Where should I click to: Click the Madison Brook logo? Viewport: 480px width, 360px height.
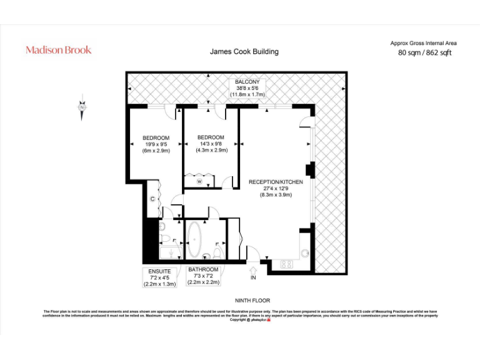pos(58,49)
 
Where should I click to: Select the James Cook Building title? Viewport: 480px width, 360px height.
pos(244,52)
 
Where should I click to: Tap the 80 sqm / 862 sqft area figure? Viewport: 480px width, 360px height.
pos(424,52)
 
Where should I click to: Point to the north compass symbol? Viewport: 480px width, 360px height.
pos(82,107)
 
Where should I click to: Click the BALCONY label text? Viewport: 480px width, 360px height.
pos(251,82)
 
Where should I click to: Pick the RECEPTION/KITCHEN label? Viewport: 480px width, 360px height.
pos(276,182)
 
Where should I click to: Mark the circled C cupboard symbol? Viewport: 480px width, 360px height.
pos(152,199)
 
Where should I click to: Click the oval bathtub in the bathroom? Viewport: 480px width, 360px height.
pos(194,241)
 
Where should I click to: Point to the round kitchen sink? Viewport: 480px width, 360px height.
pos(304,253)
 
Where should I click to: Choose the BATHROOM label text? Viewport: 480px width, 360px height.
pos(203,270)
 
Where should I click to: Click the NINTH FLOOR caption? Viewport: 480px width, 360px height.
pos(252,301)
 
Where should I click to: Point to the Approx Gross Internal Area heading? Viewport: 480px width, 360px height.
pos(423,43)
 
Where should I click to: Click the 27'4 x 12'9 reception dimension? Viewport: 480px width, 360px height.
pos(276,188)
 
